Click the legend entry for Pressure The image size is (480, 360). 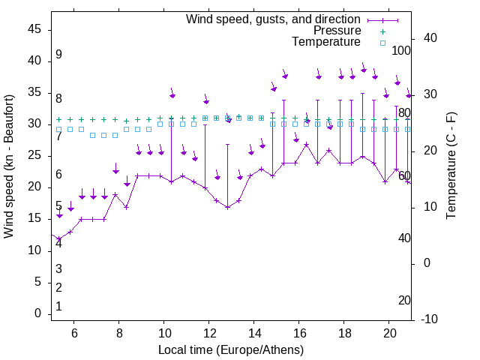(337, 31)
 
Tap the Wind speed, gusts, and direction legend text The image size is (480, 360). (273, 19)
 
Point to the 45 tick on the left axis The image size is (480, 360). (34, 29)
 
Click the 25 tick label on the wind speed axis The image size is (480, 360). (34, 155)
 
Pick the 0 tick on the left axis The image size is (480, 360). (37, 313)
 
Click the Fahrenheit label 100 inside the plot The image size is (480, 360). (402, 51)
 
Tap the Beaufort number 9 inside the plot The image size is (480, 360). (58, 55)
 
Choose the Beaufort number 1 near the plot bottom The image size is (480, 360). (58, 307)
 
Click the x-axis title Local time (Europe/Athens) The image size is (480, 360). (231, 349)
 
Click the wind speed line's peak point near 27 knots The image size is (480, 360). (306, 144)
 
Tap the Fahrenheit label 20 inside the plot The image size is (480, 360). (404, 301)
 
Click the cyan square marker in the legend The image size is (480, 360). (382, 43)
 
